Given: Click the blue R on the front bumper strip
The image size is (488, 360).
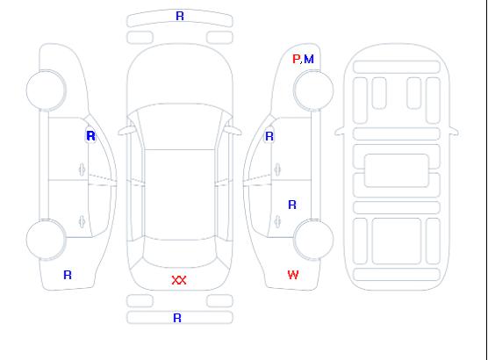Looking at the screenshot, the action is click(180, 16).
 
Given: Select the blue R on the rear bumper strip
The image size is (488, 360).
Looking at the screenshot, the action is click(177, 318).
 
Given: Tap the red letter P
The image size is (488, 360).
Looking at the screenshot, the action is click(296, 59).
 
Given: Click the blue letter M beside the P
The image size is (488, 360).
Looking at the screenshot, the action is click(309, 59).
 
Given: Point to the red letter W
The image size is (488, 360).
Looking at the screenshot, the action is click(293, 275).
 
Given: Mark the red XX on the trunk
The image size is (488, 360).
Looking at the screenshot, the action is click(179, 280).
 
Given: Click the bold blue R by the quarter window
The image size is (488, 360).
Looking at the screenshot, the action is click(91, 136).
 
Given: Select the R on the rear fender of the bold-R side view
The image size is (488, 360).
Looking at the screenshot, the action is click(68, 275).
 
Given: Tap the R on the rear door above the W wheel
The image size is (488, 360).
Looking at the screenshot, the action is click(292, 205).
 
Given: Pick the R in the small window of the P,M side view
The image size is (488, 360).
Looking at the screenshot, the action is click(269, 136).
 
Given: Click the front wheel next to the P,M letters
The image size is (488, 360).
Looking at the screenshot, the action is click(313, 90).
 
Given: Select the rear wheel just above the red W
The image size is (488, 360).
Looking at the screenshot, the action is click(313, 239).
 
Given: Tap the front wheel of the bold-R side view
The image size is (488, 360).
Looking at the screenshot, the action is click(46, 90).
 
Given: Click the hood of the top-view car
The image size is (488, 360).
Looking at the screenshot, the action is click(180, 75).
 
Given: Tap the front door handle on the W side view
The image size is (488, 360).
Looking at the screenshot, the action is click(277, 169).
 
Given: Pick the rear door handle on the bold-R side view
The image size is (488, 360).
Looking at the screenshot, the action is click(82, 221).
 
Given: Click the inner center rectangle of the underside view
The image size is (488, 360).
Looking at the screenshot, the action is click(396, 170).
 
